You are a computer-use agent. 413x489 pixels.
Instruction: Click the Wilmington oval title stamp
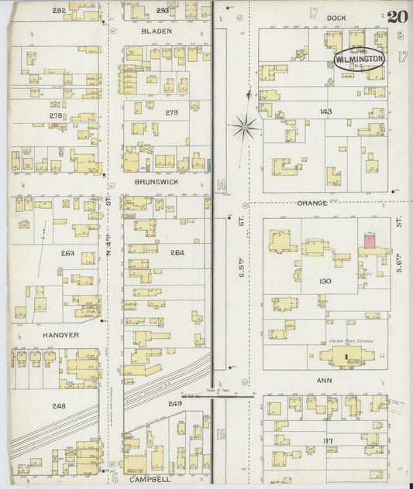(359, 59)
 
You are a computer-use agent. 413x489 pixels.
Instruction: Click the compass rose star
(246, 124)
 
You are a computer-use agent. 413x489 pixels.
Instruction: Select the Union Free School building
(346, 357)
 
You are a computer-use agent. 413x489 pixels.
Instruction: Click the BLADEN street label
(156, 32)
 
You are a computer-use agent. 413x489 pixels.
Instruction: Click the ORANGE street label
(311, 203)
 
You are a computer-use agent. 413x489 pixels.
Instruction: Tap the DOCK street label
(336, 16)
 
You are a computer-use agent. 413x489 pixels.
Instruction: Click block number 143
(325, 111)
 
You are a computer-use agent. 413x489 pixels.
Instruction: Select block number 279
(171, 113)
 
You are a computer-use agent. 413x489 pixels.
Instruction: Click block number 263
(67, 253)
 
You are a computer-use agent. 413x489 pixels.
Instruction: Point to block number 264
(177, 253)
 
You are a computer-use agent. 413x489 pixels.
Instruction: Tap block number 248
(58, 405)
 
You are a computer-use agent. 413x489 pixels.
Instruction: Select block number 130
(325, 281)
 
